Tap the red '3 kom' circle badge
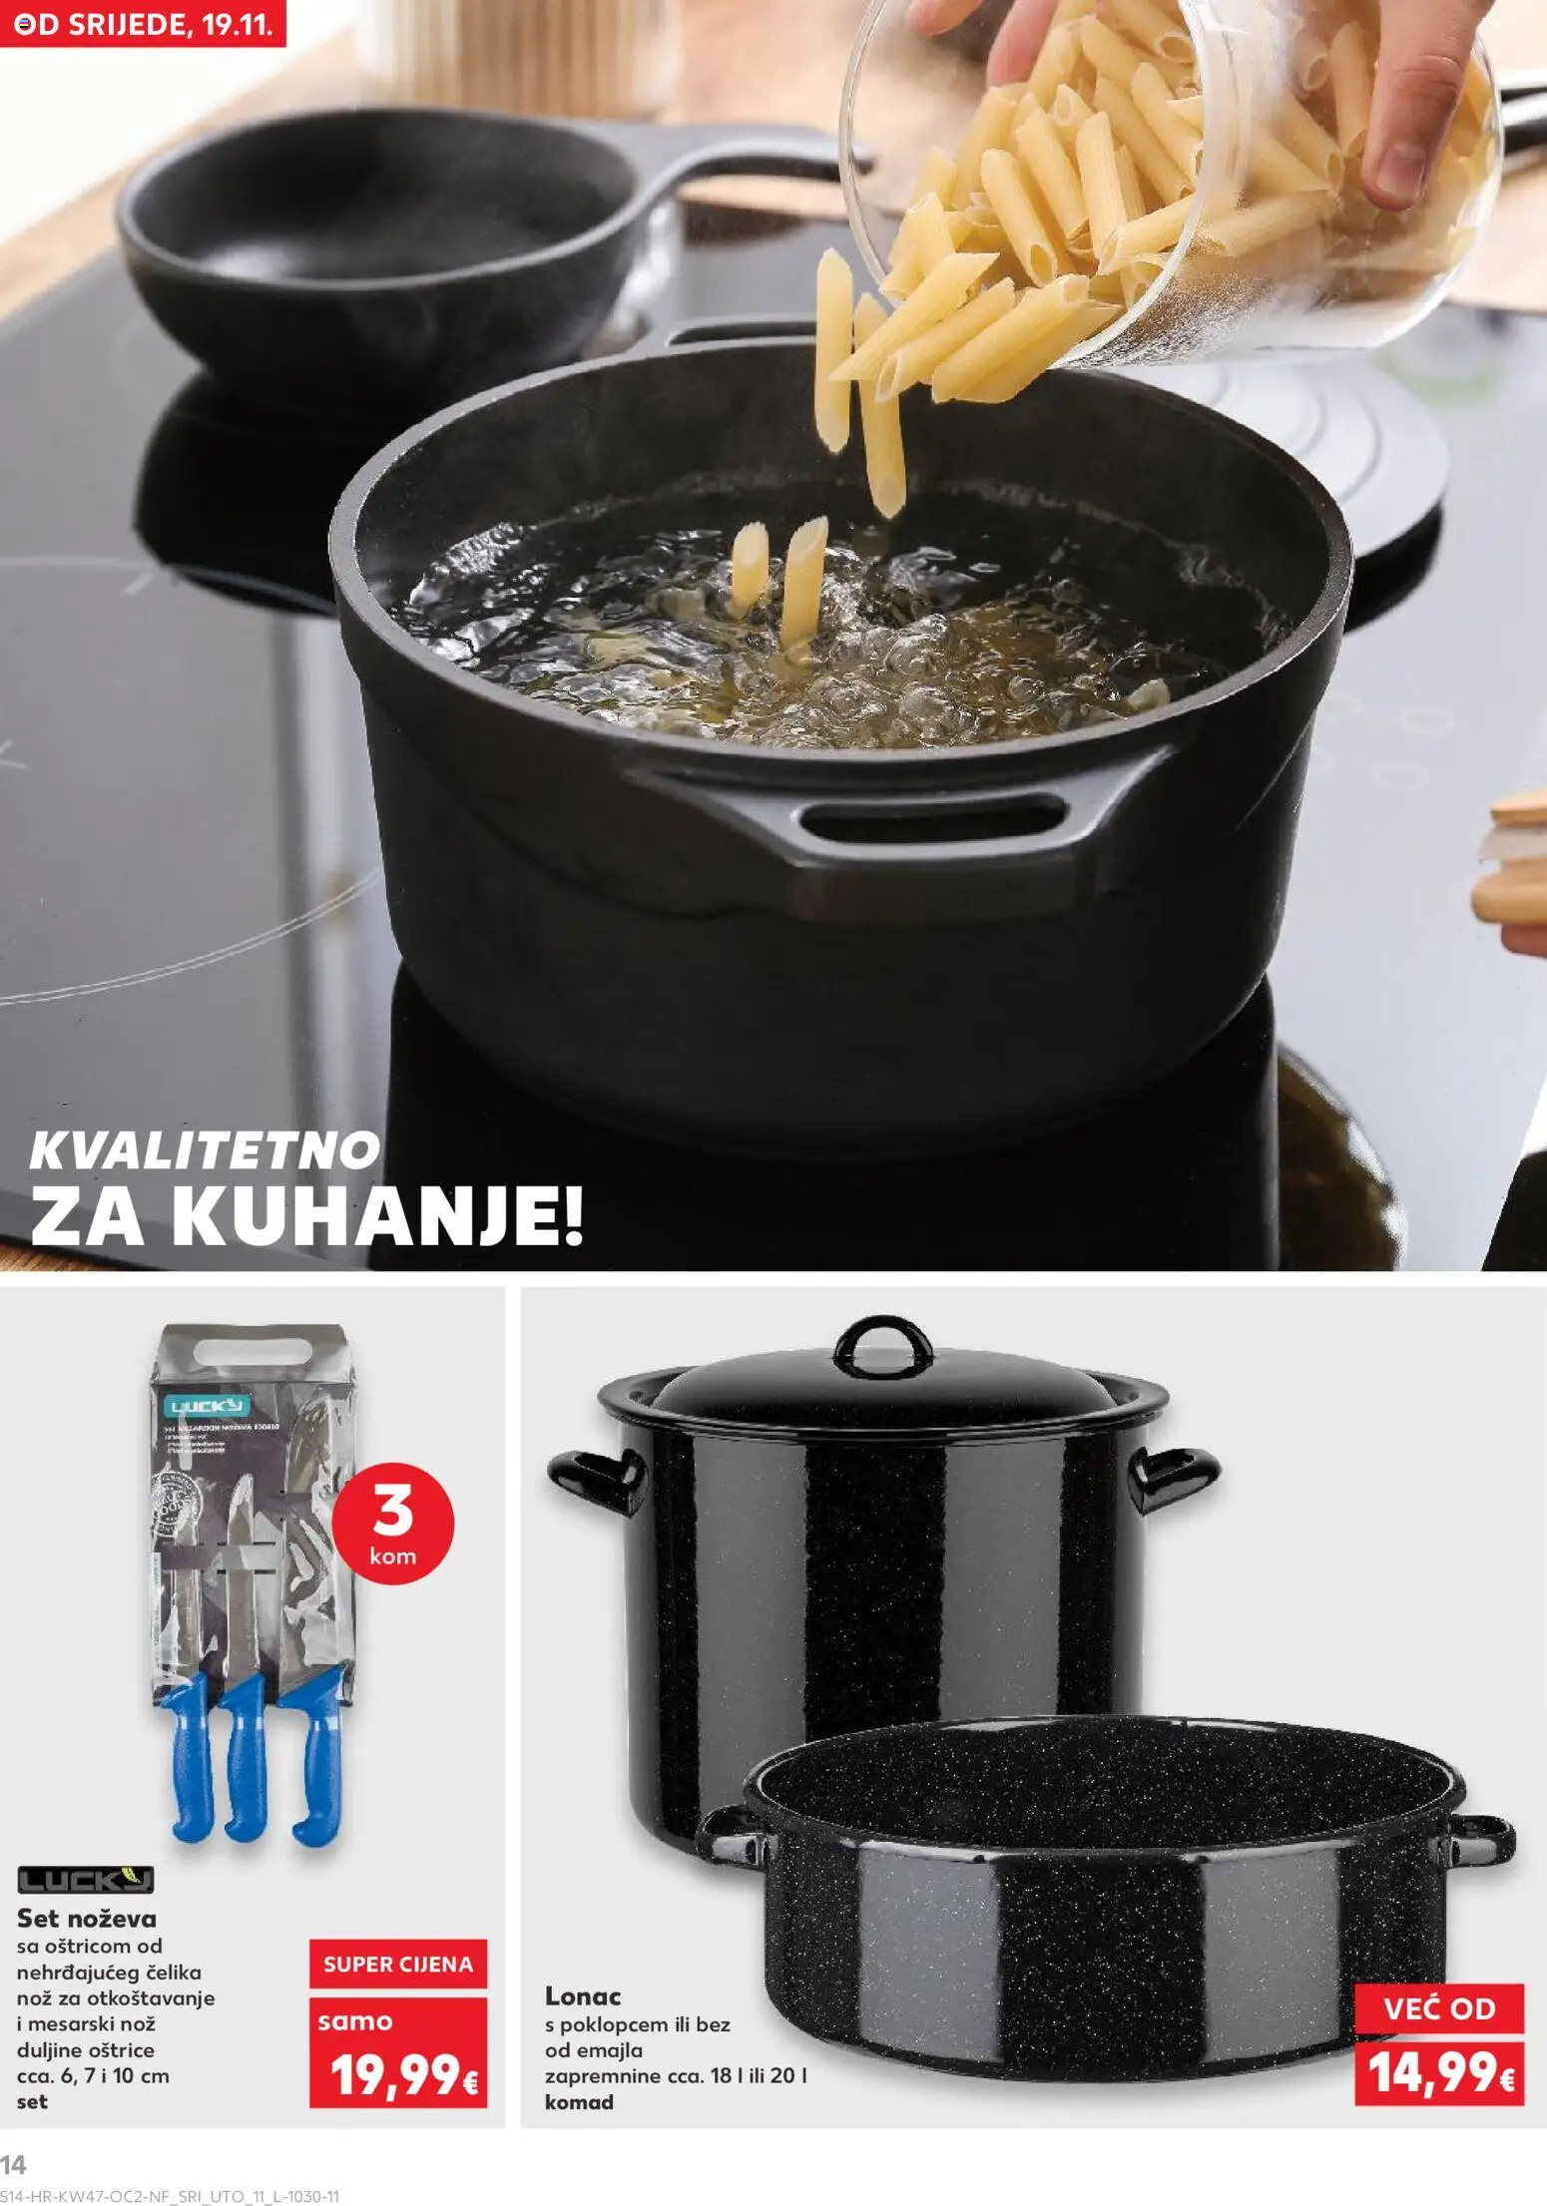point(391,1539)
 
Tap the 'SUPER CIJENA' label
point(397,1965)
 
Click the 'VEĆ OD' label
point(1439,2008)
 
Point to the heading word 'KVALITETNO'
point(205,1152)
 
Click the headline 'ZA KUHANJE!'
point(305,1221)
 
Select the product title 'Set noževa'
point(87,1918)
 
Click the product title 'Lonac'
point(583,1996)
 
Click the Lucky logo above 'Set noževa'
point(87,1881)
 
